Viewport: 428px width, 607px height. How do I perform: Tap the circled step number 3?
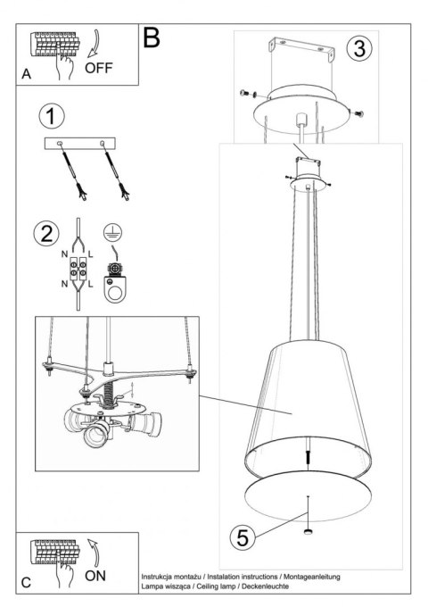click(358, 48)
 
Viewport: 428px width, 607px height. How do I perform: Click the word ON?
click(95, 576)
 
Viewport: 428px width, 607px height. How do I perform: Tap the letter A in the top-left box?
click(25, 76)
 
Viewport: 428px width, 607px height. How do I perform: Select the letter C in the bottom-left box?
click(25, 583)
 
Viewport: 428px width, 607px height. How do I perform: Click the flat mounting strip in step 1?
click(80, 144)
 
